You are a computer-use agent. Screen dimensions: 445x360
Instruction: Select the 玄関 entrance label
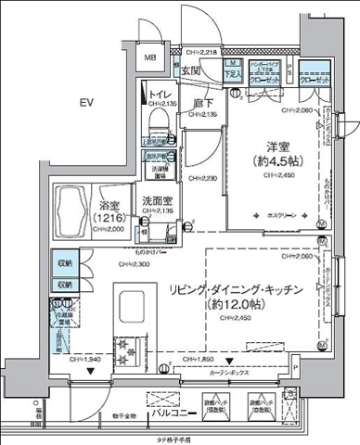click(x=190, y=71)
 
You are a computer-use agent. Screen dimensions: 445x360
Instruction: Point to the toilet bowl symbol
click(x=156, y=119)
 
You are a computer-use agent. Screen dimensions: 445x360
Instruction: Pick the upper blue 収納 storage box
click(x=64, y=263)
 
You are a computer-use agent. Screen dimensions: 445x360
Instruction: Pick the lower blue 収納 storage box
click(x=64, y=286)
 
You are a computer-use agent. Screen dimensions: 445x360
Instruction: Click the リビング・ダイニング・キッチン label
click(x=237, y=290)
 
